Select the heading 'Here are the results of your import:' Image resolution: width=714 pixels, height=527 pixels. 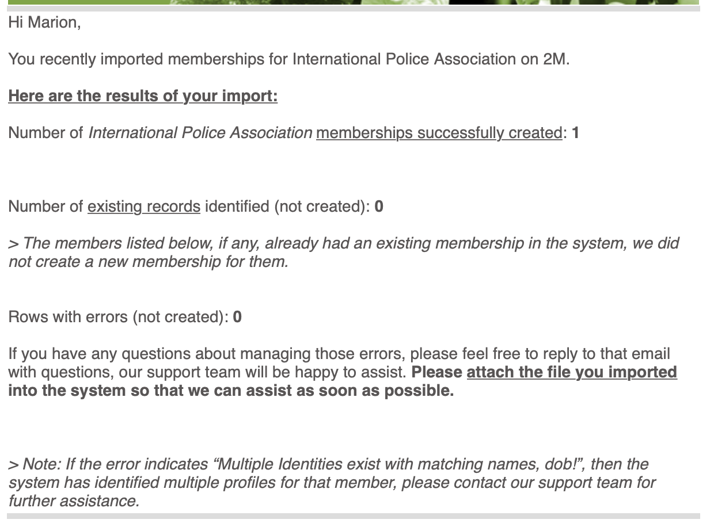(143, 96)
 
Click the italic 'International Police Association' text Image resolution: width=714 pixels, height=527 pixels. (200, 133)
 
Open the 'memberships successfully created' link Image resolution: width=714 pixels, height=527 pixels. (439, 133)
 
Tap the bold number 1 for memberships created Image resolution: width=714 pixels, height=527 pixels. (575, 133)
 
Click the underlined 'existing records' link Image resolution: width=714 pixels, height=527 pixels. (144, 207)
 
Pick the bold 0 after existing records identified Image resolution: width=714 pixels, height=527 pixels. (378, 207)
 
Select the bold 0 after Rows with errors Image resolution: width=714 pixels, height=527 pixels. (237, 317)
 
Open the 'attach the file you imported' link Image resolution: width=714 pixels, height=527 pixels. (571, 372)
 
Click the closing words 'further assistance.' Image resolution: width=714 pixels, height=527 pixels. (74, 501)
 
